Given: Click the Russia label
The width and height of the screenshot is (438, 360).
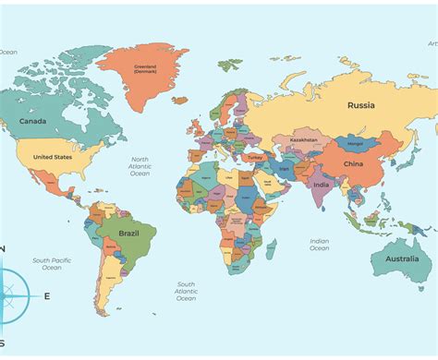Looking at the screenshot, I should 360,105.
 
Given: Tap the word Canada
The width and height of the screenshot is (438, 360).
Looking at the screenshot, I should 32,121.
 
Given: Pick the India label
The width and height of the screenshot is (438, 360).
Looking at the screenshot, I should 321,185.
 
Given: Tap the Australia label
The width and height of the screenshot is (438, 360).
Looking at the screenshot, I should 402,258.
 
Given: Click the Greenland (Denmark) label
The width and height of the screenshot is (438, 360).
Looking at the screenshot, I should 146,67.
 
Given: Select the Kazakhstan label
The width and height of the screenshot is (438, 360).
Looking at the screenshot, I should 303,139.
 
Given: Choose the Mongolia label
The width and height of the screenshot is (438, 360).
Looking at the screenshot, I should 355,144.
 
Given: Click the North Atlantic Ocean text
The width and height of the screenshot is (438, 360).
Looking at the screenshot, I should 140,166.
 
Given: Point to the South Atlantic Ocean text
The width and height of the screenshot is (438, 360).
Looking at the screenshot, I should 186,291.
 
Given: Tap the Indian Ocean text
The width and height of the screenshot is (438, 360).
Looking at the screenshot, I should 319,245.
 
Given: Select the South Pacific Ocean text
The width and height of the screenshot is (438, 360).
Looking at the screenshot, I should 53,265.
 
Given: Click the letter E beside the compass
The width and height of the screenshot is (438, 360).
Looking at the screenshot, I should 46,296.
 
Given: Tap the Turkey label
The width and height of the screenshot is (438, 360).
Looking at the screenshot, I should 256,158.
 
